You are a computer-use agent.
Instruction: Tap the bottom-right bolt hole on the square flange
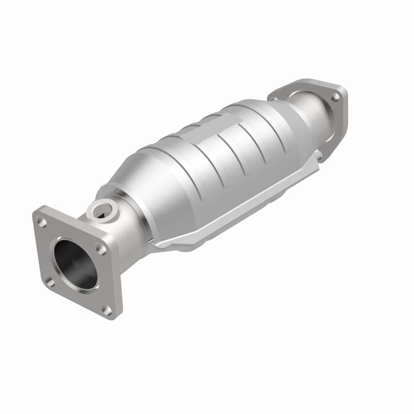coord(106,308)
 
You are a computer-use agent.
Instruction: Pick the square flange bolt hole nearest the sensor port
coord(101,249)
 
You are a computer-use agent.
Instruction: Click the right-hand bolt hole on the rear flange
coord(336,97)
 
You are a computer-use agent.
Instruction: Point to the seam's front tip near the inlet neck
coord(158,243)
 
